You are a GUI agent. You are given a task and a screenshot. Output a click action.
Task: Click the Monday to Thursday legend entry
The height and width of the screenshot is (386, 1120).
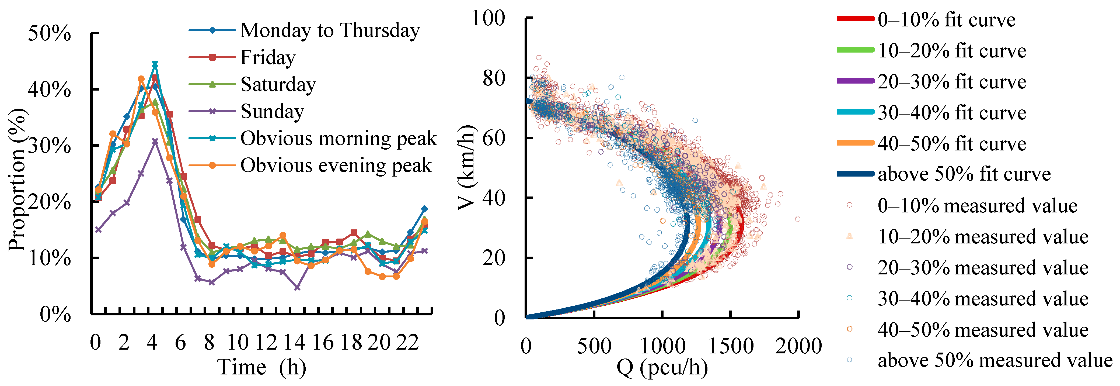click(304, 30)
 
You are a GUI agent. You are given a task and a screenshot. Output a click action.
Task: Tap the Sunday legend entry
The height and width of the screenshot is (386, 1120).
click(246, 111)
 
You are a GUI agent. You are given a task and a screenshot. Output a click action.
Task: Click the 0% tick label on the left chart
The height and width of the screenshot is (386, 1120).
click(55, 314)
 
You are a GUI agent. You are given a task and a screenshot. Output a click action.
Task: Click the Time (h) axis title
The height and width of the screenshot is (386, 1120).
click(262, 367)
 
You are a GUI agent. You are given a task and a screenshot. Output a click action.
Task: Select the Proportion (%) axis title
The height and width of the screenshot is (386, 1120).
click(18, 179)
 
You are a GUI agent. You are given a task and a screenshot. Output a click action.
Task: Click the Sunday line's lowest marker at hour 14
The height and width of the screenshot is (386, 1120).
click(297, 288)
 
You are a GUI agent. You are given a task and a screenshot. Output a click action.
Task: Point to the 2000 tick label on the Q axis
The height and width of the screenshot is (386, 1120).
click(798, 347)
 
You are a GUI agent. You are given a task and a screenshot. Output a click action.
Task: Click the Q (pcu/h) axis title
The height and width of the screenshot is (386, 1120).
click(662, 368)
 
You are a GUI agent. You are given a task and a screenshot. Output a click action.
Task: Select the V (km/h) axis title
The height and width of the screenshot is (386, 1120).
click(466, 168)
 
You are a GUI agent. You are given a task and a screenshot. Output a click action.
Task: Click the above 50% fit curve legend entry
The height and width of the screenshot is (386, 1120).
click(944, 174)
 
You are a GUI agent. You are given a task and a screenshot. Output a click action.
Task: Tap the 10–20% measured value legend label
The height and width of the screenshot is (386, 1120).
click(967, 237)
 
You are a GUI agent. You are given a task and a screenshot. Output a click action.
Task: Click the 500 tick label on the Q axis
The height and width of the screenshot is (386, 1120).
click(594, 347)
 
